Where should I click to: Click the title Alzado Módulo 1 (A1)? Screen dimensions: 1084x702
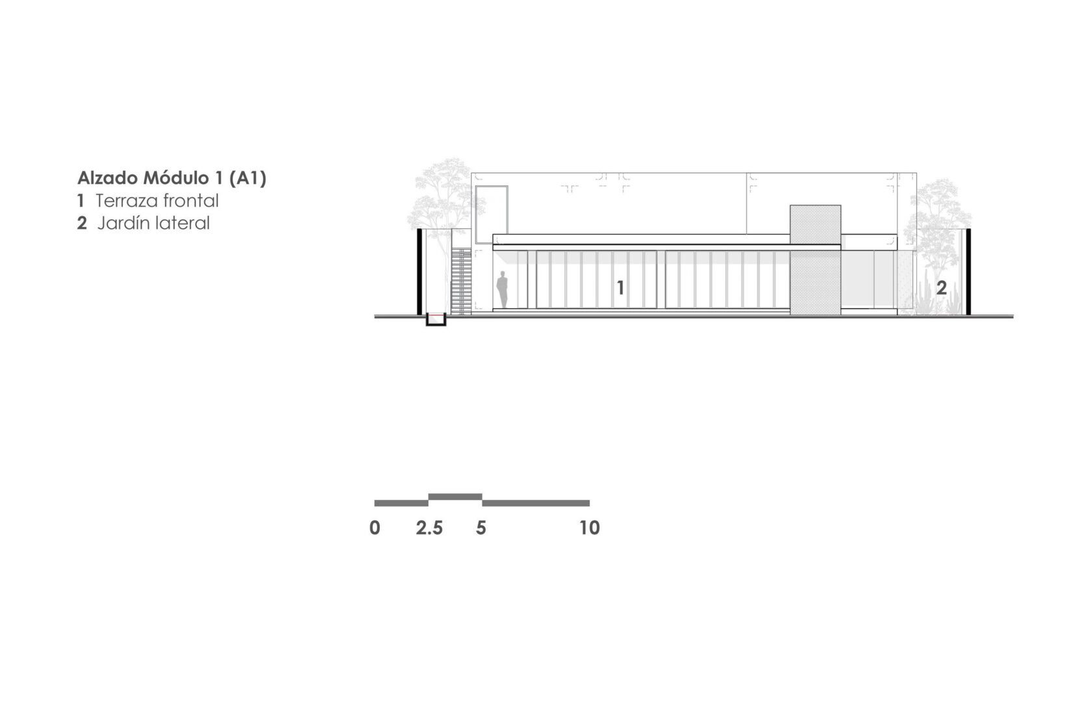click(172, 179)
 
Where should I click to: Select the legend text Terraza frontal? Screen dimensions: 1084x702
click(157, 201)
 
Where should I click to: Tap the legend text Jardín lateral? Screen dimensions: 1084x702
click(153, 224)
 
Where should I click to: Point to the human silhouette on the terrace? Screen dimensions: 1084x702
click(502, 289)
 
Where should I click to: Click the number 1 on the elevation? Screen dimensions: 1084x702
click(620, 288)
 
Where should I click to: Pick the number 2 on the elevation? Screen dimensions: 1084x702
click(941, 288)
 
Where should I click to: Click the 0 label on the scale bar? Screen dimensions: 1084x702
click(375, 528)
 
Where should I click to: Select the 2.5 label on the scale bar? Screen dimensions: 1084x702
click(429, 528)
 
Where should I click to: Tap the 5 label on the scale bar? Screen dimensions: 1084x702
click(481, 528)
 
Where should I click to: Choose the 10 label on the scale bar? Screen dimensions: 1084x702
click(590, 528)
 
